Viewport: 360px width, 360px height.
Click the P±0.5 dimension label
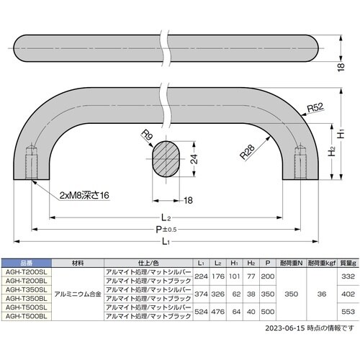pos(168,229)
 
